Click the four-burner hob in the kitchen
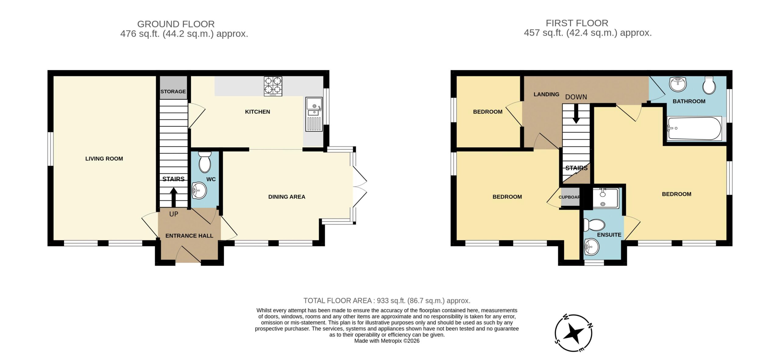[273, 86]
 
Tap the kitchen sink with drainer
[314, 114]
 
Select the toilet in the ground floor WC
[204, 162]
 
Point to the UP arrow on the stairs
[174, 197]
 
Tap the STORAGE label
[173, 91]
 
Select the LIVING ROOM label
[104, 159]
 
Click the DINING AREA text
[287, 197]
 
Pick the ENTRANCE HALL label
[189, 236]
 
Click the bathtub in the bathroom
[694, 128]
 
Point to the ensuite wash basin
[591, 247]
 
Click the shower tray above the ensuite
[606, 198]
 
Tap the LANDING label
[546, 94]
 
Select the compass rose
[574, 333]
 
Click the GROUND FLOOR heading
[176, 24]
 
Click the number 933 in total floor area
[383, 301]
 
